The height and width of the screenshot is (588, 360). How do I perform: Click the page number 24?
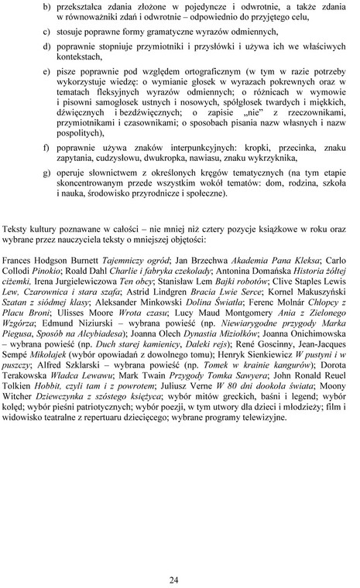pos(180,558)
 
